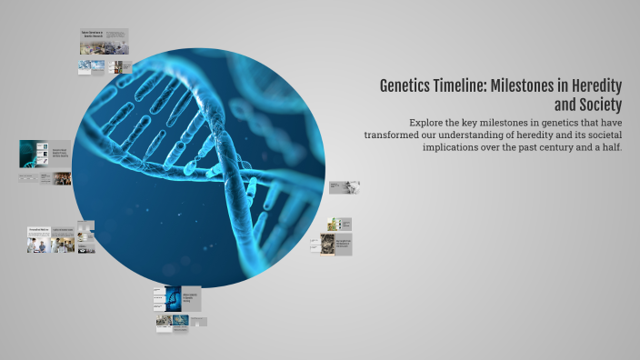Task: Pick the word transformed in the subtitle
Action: [x=377, y=135]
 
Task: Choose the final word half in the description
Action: [x=610, y=147]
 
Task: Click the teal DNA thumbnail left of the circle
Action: [x=33, y=154]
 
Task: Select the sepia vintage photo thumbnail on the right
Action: [x=327, y=244]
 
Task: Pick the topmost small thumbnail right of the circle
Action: [x=345, y=187]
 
